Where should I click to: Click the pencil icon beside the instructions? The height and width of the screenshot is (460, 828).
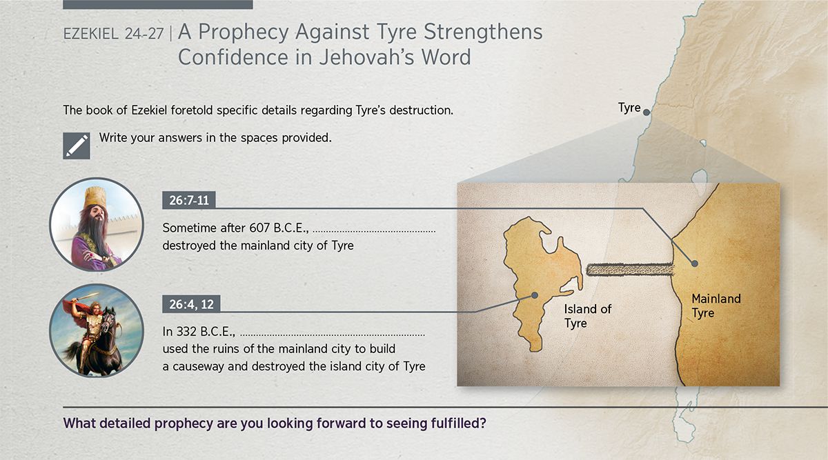(x=77, y=146)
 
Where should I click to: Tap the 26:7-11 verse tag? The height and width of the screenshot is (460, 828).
(x=189, y=200)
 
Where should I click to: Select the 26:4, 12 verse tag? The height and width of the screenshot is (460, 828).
(x=192, y=304)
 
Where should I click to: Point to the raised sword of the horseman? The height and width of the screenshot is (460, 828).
(x=86, y=297)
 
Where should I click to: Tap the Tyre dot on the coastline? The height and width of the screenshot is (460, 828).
(x=646, y=112)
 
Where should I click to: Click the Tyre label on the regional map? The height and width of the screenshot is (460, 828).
(x=629, y=108)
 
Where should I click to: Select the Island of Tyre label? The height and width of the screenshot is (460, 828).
(x=588, y=316)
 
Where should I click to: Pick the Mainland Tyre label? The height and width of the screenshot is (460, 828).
(x=716, y=306)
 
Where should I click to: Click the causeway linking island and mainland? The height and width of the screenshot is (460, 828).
(x=629, y=270)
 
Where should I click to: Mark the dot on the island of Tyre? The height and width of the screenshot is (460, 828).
(x=534, y=295)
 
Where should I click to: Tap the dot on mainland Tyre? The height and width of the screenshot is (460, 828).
(x=695, y=263)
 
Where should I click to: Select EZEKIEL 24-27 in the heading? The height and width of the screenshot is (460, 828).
(x=113, y=34)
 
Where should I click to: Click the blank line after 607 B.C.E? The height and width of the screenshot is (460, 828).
(x=374, y=232)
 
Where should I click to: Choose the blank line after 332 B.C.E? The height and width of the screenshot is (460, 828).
(x=333, y=335)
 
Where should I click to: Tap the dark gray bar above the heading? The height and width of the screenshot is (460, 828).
(x=158, y=4)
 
